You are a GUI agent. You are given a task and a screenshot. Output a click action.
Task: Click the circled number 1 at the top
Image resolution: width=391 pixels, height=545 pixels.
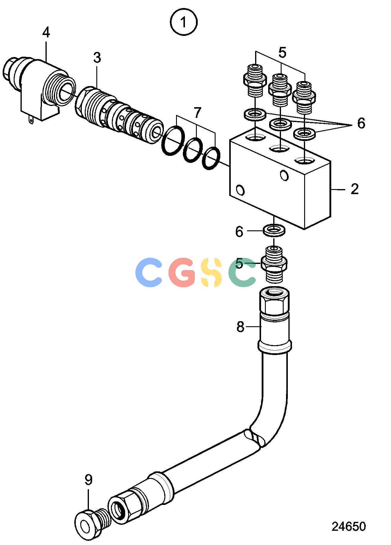184,22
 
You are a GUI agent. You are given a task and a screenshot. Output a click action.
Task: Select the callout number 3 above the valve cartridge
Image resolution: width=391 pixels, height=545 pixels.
97,58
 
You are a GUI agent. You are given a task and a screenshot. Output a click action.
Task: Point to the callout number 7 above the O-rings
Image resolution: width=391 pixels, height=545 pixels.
197,113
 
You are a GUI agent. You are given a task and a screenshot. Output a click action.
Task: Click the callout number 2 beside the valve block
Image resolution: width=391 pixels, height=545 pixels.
355,189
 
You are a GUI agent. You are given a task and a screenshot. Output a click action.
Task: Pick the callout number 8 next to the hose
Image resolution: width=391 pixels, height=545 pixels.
240,327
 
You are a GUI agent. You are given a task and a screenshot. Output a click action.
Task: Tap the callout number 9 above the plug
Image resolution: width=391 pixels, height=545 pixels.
88,480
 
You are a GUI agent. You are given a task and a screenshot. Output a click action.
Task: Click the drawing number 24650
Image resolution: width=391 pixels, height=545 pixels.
348,526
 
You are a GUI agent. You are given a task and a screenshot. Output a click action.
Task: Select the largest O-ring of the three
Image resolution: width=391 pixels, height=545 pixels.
173,140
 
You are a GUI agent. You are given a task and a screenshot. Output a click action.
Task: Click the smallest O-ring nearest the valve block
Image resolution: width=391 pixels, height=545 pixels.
211,158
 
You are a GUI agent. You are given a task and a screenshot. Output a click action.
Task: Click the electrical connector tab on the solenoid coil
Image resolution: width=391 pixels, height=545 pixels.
31,120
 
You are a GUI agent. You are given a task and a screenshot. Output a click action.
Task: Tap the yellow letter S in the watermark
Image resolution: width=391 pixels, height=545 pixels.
211,272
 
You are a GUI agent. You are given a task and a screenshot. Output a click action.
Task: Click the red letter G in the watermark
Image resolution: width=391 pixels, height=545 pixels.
181,272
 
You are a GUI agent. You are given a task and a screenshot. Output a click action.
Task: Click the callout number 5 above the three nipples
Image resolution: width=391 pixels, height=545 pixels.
282,53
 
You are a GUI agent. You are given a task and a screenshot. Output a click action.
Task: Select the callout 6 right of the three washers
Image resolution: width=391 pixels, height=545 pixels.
361,123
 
